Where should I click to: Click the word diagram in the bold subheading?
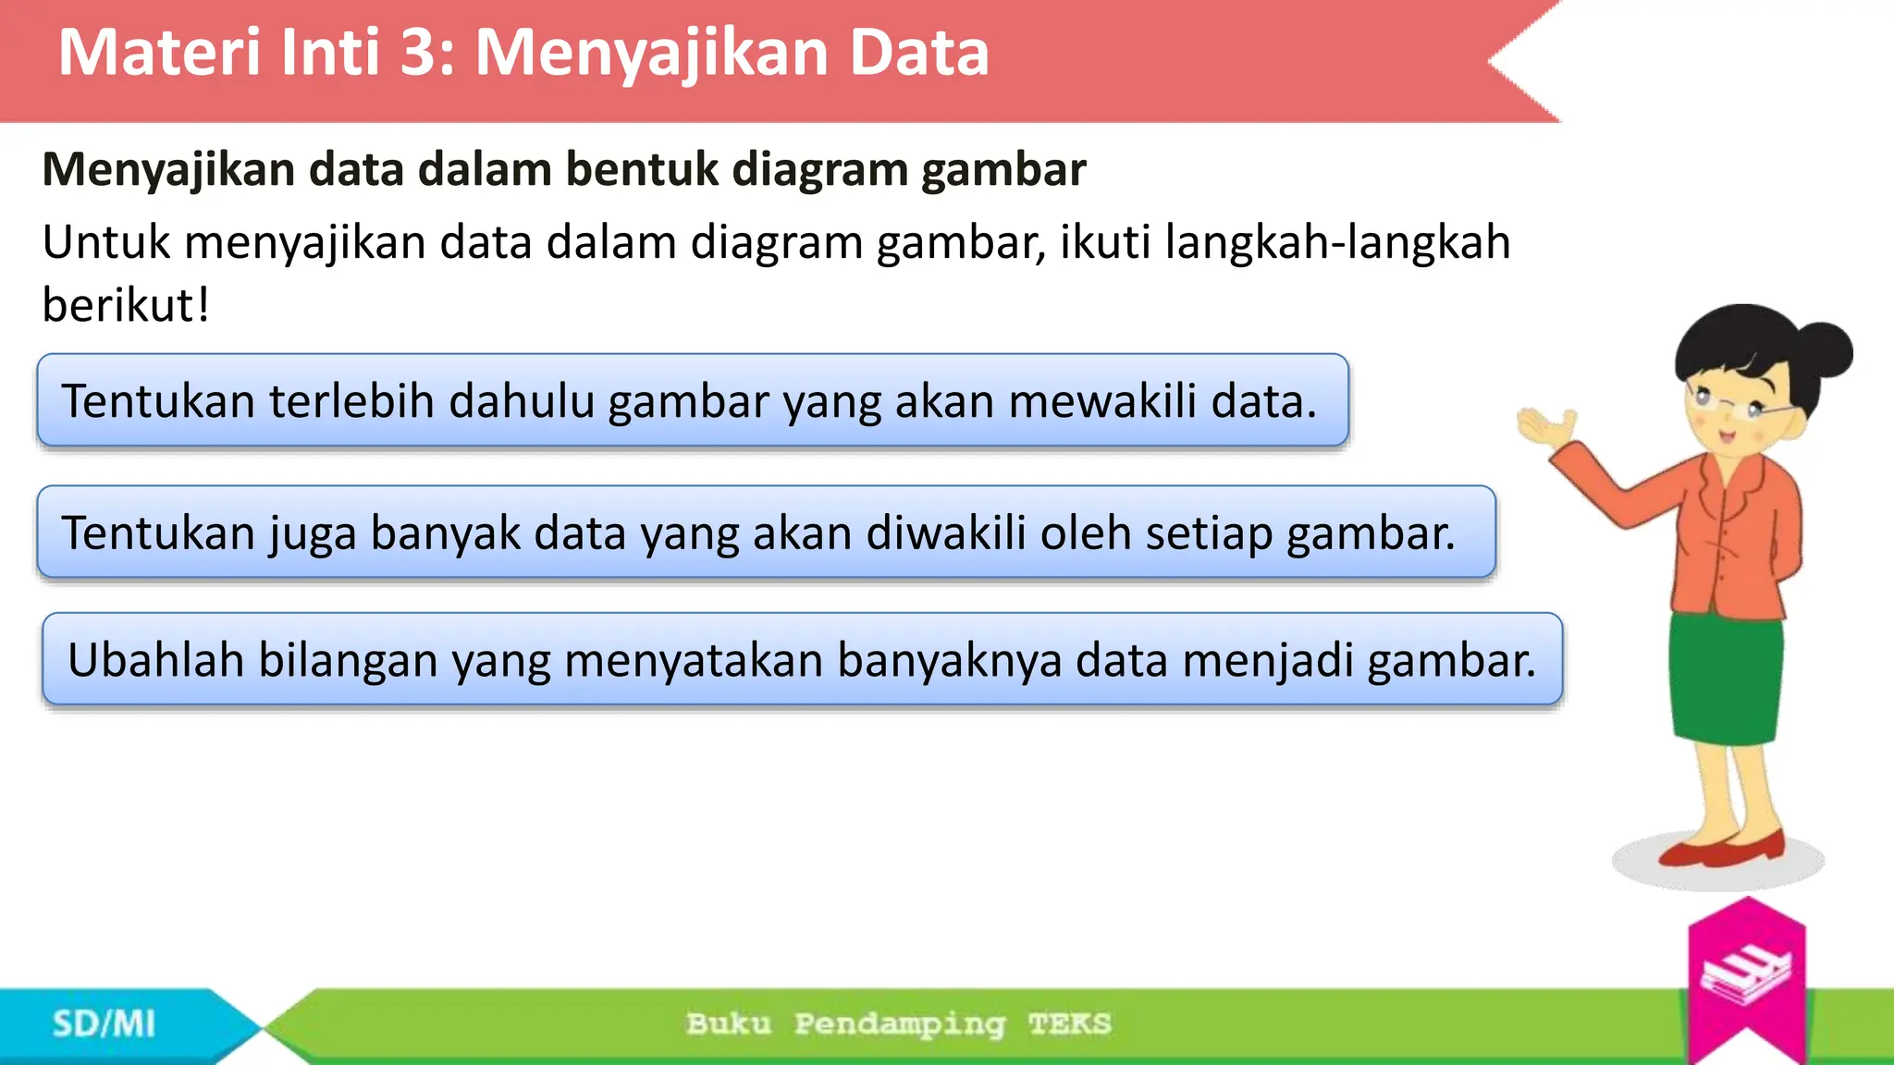pyautogui.click(x=817, y=169)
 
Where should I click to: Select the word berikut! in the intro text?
pyautogui.click(x=126, y=305)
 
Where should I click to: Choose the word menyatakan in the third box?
pyautogui.click(x=694, y=660)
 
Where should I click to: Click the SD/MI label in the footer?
pyautogui.click(x=104, y=1024)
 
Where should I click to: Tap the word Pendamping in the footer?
pyautogui.click(x=899, y=1024)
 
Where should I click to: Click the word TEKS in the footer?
pyautogui.click(x=1069, y=1024)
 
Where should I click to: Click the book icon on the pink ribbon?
pyautogui.click(x=1746, y=973)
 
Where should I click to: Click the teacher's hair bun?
pyautogui.click(x=1822, y=351)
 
